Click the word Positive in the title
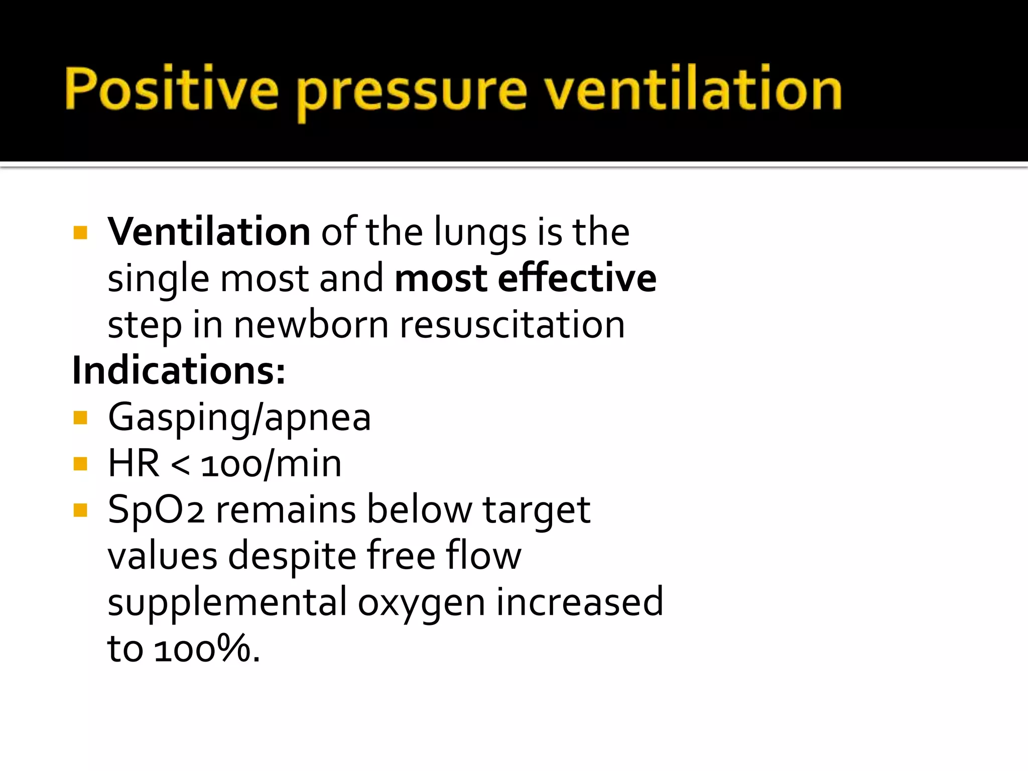click(x=171, y=89)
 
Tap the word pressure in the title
click(x=413, y=93)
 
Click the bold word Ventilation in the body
click(x=209, y=232)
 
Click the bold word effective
click(x=577, y=278)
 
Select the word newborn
click(x=311, y=325)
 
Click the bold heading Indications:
click(x=179, y=371)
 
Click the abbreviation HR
click(x=134, y=464)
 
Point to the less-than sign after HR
click(x=180, y=466)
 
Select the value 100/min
click(x=271, y=464)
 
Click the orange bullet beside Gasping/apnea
click(x=80, y=418)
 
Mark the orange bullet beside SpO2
click(x=80, y=510)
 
